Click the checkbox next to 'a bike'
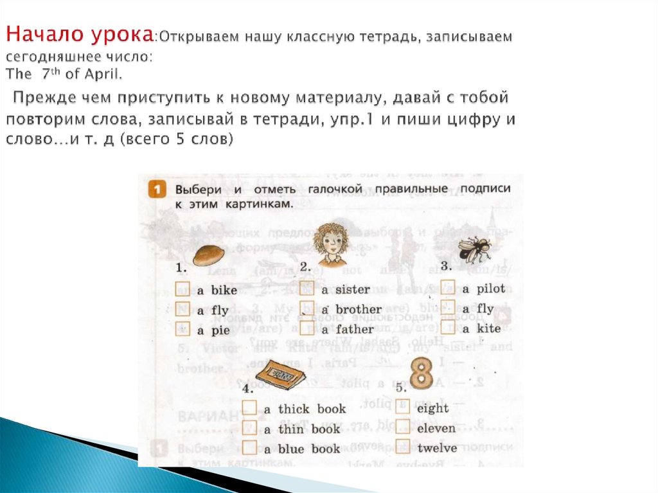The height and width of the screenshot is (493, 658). (183, 289)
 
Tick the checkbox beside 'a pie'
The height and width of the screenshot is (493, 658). (183, 330)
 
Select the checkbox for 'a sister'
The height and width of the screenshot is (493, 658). (307, 289)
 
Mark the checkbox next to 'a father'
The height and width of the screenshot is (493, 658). (307, 329)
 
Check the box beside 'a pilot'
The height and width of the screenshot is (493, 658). (449, 288)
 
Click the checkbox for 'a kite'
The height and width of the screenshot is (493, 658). (449, 328)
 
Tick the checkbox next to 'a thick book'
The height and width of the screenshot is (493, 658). (250, 408)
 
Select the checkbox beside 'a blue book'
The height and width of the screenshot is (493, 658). (250, 448)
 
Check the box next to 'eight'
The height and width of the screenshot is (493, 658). (403, 407)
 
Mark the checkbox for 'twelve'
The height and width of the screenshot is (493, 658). (403, 447)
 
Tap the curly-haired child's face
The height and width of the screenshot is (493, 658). (330, 242)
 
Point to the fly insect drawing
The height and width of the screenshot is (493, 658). (474, 249)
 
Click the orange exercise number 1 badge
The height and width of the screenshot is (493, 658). (155, 190)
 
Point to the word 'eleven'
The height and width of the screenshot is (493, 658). (436, 428)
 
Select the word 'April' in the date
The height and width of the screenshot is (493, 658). (102, 74)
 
